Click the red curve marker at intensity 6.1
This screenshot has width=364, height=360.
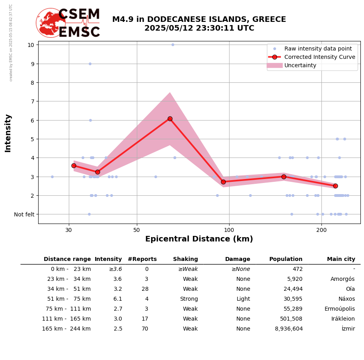(x=170, y=119)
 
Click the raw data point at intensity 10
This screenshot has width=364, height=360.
(x=173, y=45)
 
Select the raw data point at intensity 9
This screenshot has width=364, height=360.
(x=90, y=64)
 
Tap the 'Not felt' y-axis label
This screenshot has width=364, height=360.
(x=24, y=214)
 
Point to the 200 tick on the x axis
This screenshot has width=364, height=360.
(x=321, y=230)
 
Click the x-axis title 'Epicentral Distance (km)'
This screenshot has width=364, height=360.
(x=199, y=239)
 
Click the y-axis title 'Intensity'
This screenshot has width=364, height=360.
(x=8, y=133)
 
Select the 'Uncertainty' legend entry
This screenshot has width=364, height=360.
(x=300, y=65)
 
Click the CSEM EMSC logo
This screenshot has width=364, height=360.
(x=68, y=23)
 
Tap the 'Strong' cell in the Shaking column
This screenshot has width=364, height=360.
(x=189, y=299)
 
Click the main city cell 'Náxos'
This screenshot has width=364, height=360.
(x=346, y=299)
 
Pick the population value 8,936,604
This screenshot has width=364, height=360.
(x=288, y=329)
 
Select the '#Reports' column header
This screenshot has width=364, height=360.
(x=142, y=259)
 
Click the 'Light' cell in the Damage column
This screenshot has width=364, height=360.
(x=243, y=299)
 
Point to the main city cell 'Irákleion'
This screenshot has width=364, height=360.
(x=343, y=319)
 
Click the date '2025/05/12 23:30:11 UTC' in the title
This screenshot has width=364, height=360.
(x=199, y=28)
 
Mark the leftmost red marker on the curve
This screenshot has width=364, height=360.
(x=74, y=165)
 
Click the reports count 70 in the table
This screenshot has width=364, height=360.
(x=145, y=329)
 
